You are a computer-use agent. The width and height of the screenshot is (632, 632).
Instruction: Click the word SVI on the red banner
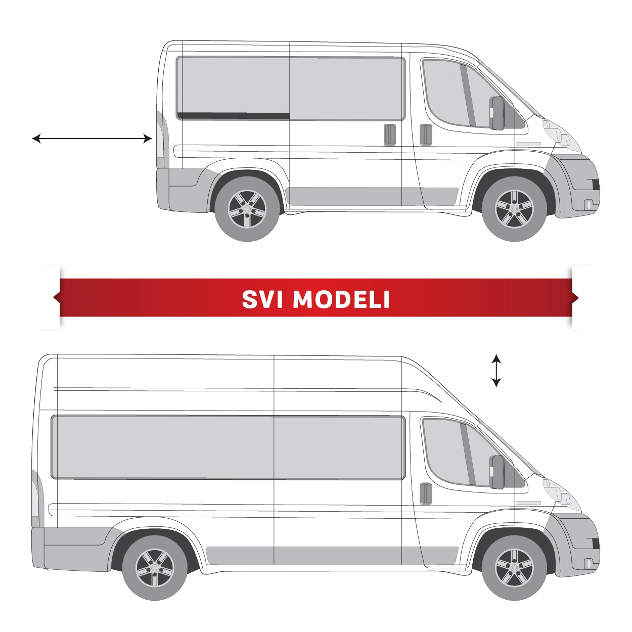(x=262, y=299)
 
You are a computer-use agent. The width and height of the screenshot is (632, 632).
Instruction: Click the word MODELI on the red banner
(x=341, y=299)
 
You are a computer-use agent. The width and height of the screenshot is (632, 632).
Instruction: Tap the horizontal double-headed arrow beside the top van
(x=92, y=139)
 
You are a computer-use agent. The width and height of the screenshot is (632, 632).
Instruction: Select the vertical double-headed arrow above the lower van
(x=496, y=370)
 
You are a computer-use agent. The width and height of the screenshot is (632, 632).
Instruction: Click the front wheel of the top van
(x=514, y=209)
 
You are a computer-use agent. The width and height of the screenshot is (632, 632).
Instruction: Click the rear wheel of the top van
(x=247, y=209)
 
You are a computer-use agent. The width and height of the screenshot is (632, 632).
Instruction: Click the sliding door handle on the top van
(x=390, y=134)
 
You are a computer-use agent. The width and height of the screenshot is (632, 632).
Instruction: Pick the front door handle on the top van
(x=426, y=134)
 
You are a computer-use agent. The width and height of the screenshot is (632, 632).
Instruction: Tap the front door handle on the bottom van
(x=426, y=493)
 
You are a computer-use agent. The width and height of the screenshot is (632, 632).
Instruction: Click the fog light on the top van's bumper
(x=589, y=205)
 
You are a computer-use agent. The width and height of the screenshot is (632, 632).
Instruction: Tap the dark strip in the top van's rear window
(x=234, y=116)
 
